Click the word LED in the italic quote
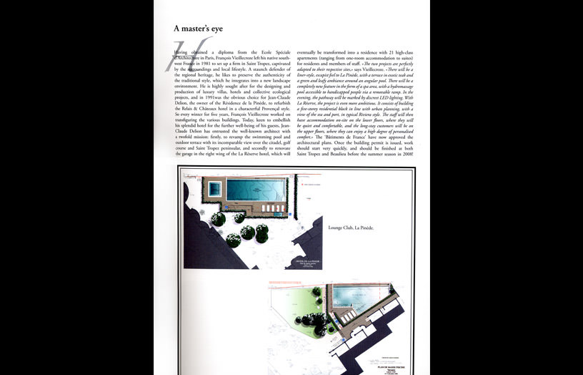click(392, 107)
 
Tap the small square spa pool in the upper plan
click(213, 190)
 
